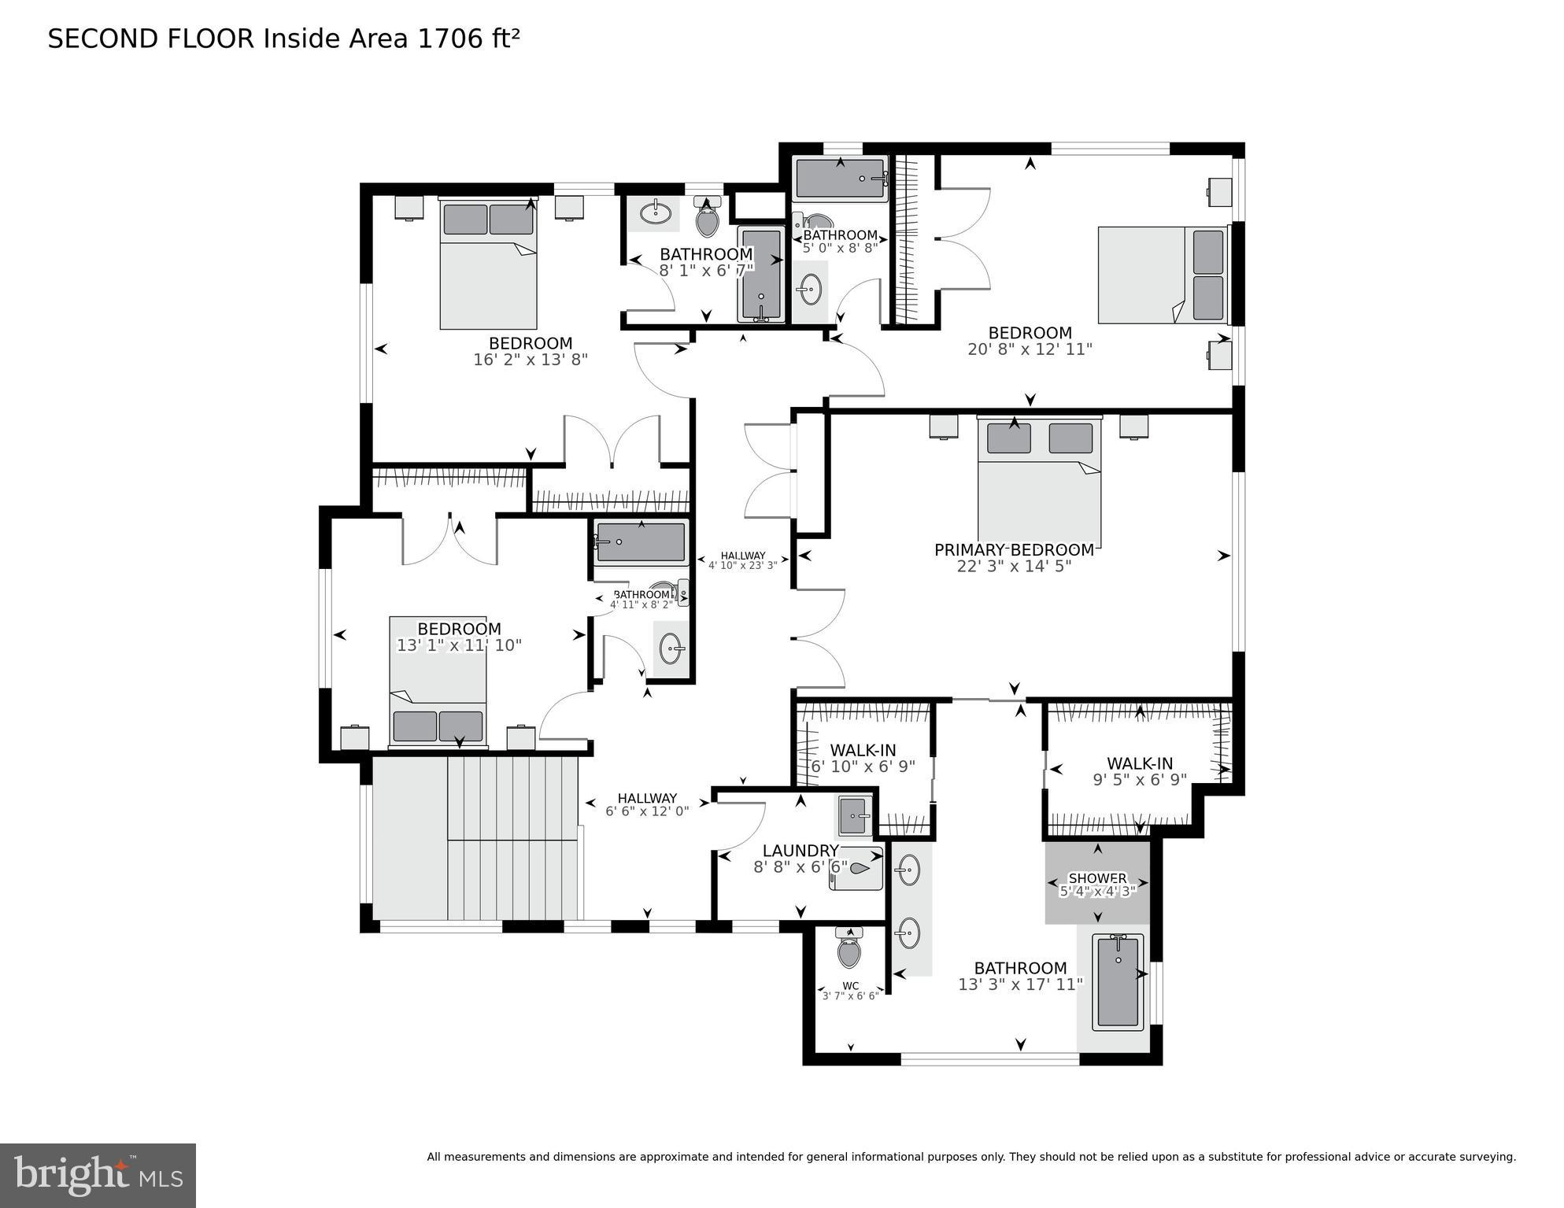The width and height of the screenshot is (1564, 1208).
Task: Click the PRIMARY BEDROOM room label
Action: click(1014, 550)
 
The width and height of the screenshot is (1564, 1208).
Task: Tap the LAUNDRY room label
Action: click(800, 851)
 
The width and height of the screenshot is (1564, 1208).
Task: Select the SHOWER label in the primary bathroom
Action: click(1097, 878)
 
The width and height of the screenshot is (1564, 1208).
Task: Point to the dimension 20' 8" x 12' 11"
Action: click(1030, 349)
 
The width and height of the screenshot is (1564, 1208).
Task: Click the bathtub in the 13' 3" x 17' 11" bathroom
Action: click(1118, 981)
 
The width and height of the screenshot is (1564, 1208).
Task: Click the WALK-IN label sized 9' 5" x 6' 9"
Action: click(1139, 763)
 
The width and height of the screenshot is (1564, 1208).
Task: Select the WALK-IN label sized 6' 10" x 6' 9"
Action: click(863, 751)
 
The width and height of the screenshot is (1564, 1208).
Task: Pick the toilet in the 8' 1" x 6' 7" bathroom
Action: click(708, 220)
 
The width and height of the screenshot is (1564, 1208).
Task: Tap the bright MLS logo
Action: click(98, 1175)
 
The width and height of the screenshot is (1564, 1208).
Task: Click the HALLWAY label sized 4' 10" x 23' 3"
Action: click(742, 556)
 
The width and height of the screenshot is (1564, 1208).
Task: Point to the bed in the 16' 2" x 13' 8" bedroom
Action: click(488, 264)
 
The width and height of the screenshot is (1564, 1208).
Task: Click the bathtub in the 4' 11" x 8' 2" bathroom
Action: click(641, 542)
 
